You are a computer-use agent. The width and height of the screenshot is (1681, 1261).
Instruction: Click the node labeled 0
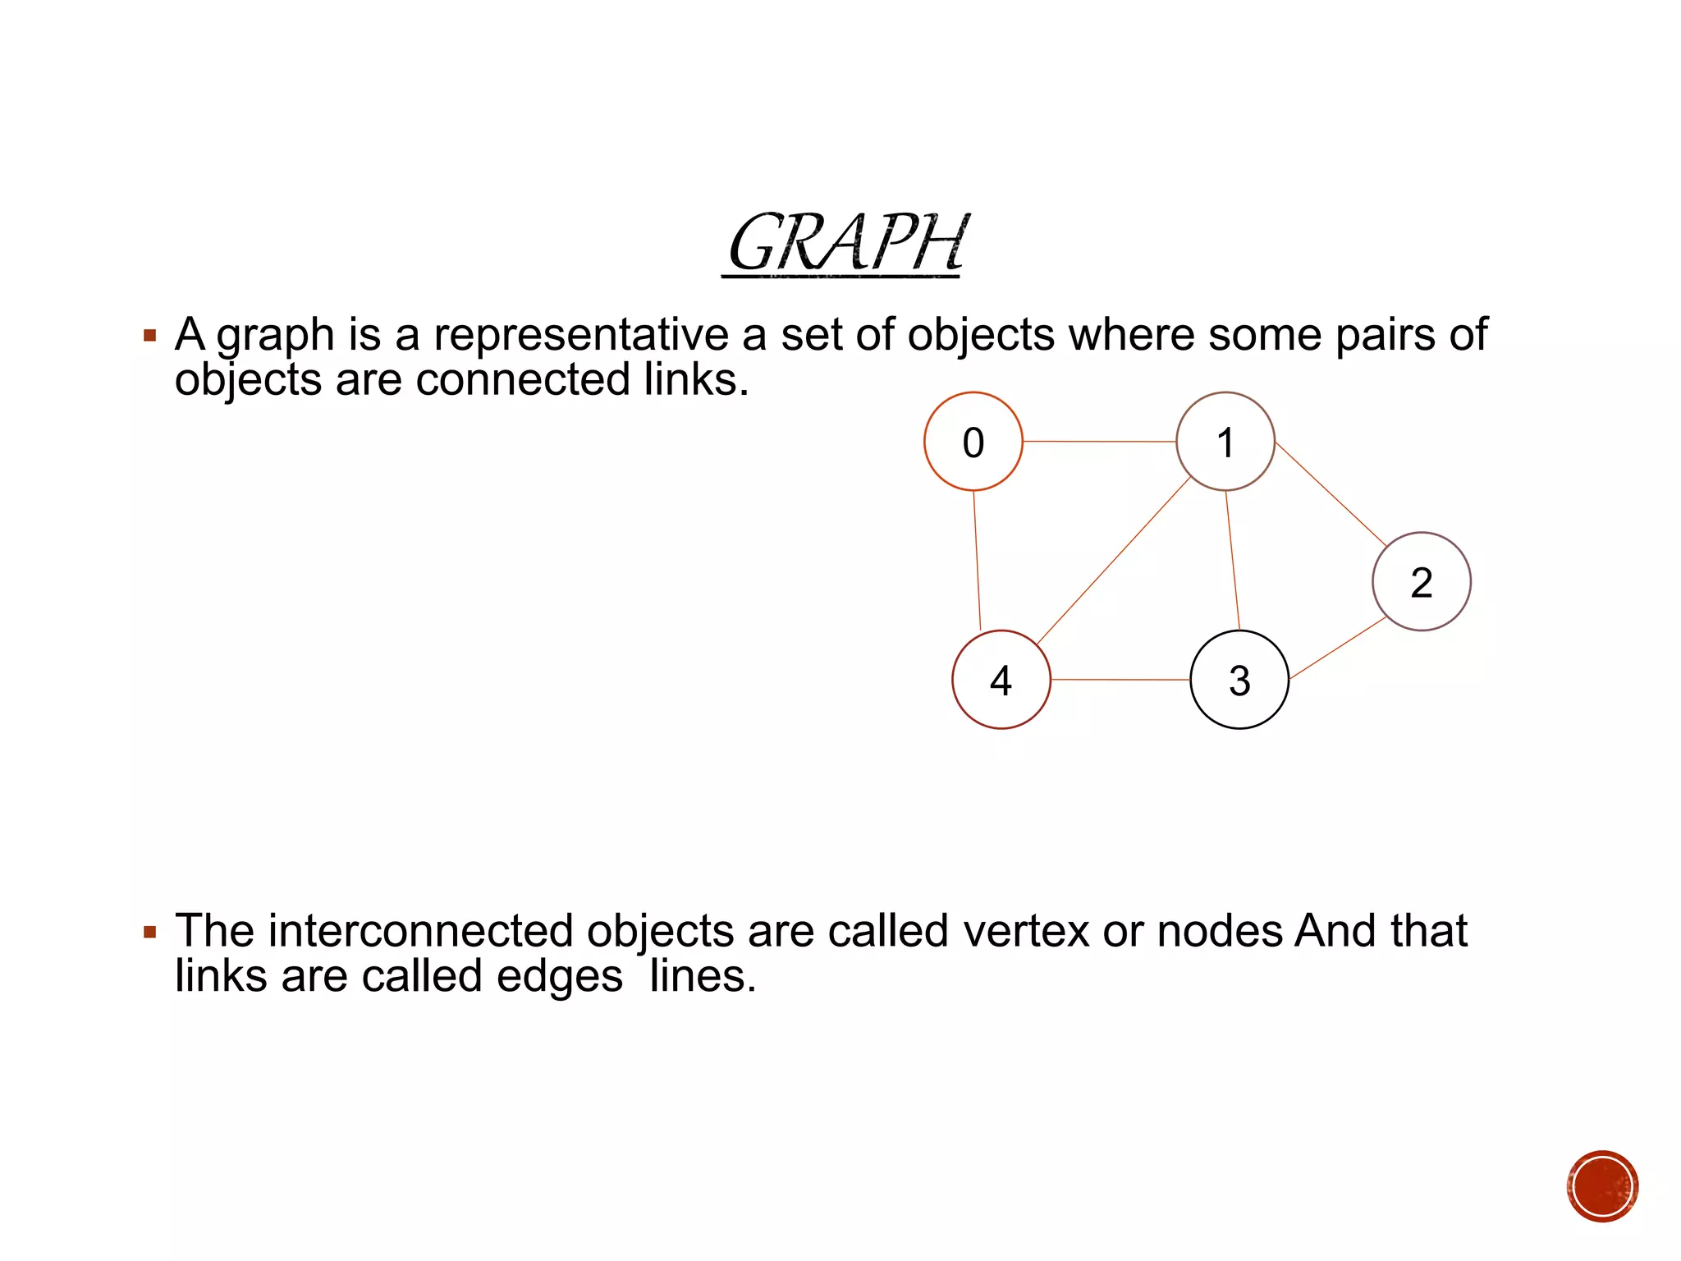tap(973, 442)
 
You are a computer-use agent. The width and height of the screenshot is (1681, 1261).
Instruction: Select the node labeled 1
tap(1225, 442)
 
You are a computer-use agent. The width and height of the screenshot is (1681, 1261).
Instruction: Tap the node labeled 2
tap(1421, 581)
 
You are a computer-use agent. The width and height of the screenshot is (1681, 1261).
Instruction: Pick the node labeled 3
tap(1239, 680)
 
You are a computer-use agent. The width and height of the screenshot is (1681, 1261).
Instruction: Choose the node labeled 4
tap(1001, 680)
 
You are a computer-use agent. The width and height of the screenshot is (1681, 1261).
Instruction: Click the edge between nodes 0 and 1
tap(1099, 442)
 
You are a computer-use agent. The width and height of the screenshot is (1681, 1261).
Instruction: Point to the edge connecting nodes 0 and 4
tap(977, 561)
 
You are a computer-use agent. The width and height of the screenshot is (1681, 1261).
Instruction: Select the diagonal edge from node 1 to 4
tap(1113, 561)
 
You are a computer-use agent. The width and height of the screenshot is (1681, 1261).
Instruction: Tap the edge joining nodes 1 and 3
tap(1232, 561)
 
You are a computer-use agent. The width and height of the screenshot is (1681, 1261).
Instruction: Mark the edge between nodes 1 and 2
tap(1331, 494)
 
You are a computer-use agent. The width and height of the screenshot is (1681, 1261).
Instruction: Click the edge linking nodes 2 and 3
tap(1338, 648)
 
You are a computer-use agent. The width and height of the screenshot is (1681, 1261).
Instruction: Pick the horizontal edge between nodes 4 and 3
tap(1120, 680)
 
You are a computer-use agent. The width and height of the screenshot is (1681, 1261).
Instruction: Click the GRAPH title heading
tap(845, 243)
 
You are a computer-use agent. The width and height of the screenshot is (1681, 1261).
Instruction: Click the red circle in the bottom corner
tap(1601, 1186)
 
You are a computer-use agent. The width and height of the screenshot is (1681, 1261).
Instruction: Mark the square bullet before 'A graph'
tap(149, 336)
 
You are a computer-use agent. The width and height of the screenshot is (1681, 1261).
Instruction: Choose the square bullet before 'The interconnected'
tap(149, 932)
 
